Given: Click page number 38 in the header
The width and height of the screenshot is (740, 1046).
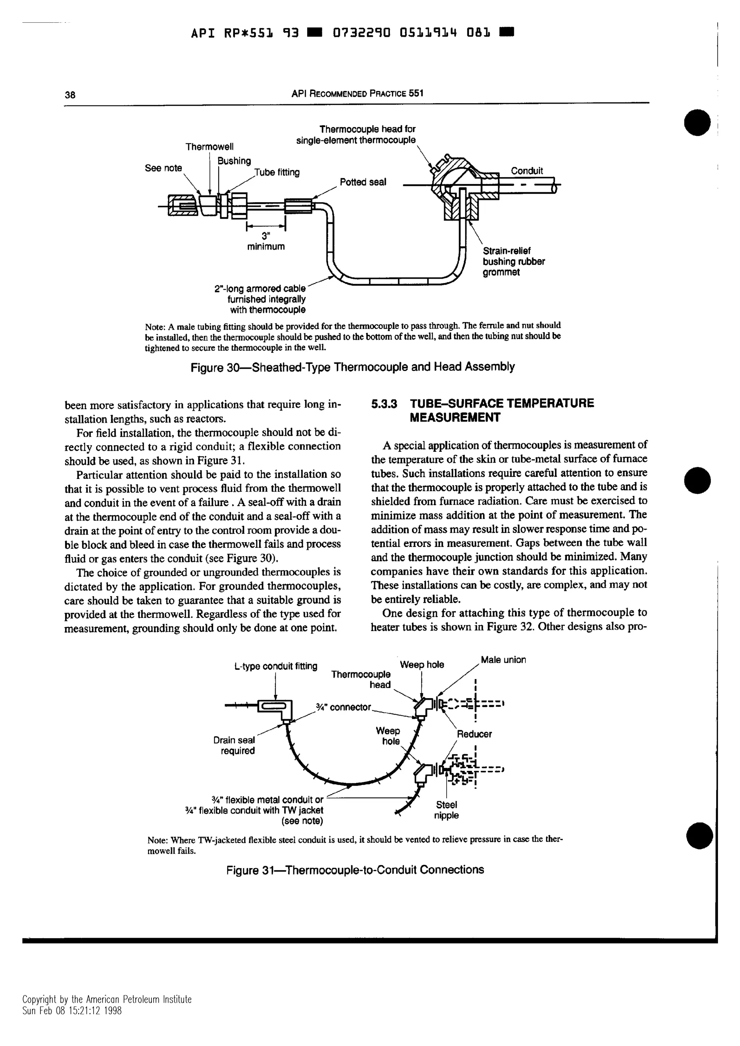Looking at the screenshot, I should tap(70, 95).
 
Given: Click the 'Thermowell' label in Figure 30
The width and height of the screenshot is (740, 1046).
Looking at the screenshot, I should tap(209, 147).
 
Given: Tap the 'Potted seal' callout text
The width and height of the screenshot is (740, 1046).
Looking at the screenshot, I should tap(362, 182).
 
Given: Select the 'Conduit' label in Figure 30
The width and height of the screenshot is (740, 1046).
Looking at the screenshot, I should tap(526, 171).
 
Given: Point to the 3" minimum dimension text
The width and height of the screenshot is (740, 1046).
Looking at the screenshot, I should tap(266, 241).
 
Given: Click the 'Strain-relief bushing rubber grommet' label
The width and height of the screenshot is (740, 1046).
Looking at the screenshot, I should tap(513, 261).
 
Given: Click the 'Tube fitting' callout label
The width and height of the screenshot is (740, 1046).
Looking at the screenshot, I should tap(277, 172).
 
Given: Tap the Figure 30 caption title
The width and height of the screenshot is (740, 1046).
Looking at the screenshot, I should tap(352, 367).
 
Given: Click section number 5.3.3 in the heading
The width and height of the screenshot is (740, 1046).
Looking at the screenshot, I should tap(384, 404).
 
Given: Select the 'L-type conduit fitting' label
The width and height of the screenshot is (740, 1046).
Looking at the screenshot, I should tap(275, 666).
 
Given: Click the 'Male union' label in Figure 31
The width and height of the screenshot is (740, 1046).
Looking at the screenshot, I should tap(503, 660).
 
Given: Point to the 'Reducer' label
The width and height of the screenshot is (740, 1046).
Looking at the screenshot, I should tap(474, 734).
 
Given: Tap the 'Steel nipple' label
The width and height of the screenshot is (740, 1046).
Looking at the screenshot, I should tap(446, 810).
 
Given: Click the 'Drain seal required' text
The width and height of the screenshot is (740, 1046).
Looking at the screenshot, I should tap(235, 745).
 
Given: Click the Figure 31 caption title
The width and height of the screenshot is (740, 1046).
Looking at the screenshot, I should tap(355, 870).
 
